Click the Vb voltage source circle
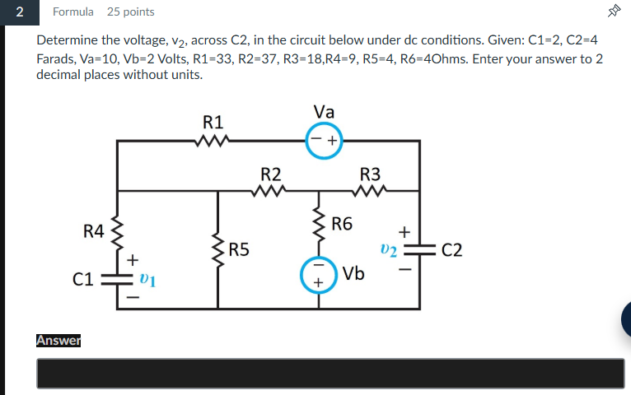[318, 276]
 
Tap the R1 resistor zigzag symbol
[213, 141]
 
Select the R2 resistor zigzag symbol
[270, 192]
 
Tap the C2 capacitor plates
[421, 250]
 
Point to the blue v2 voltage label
[389, 249]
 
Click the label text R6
[342, 223]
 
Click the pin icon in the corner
[613, 12]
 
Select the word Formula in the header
[73, 12]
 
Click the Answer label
[58, 340]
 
